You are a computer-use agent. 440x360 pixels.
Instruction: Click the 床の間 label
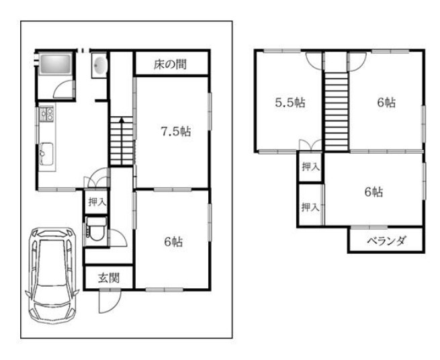click(x=170, y=64)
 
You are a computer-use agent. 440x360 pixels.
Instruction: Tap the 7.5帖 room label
click(x=176, y=132)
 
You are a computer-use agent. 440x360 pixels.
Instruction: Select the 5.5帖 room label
click(x=290, y=103)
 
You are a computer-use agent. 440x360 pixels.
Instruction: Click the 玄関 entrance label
click(x=109, y=278)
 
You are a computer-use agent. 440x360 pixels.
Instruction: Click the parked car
click(x=52, y=275)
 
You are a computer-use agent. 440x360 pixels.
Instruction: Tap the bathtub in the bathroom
click(x=55, y=64)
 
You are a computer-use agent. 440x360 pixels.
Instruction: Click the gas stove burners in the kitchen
click(x=47, y=114)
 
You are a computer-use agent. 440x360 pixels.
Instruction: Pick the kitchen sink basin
click(x=46, y=154)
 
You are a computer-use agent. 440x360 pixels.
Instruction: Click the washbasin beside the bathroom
click(x=99, y=65)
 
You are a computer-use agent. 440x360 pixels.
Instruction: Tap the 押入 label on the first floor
click(x=97, y=201)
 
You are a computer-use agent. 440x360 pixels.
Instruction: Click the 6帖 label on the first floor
click(x=173, y=242)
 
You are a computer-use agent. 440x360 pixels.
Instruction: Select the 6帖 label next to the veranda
click(x=373, y=192)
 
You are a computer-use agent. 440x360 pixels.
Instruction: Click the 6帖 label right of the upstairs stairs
click(x=386, y=103)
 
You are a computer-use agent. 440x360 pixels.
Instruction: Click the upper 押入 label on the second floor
click(x=310, y=167)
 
